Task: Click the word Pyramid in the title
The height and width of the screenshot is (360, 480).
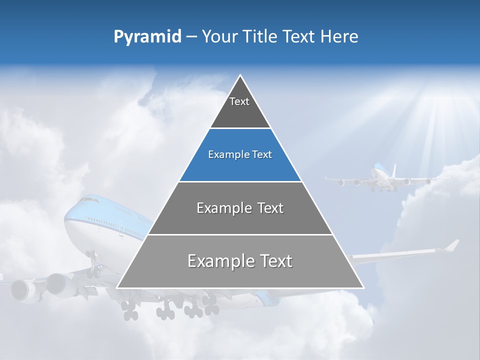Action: click(x=147, y=37)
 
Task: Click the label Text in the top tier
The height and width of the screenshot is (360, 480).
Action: click(x=239, y=101)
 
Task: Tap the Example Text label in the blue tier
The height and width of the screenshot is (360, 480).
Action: click(x=240, y=154)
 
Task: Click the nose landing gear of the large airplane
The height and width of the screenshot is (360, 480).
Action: click(x=93, y=267)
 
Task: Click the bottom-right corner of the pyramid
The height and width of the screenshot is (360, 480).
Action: click(x=363, y=287)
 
